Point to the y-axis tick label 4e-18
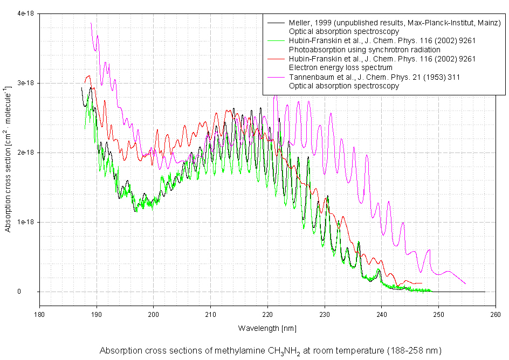click(x=25, y=13)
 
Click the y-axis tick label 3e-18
click(x=25, y=83)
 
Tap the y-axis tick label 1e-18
click(x=25, y=222)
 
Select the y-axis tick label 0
click(x=33, y=292)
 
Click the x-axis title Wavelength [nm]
click(x=267, y=328)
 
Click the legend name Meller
click(x=299, y=23)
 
